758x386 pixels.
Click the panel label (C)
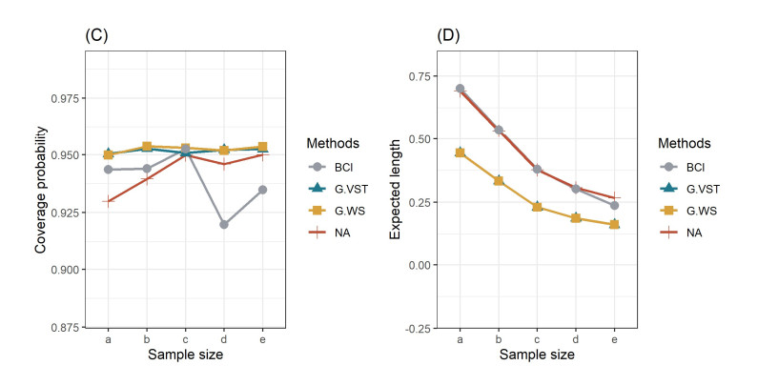[96, 36]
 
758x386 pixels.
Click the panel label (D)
[448, 36]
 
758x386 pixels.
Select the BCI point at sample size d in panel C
[224, 225]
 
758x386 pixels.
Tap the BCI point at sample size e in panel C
[262, 190]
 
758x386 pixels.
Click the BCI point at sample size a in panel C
[108, 170]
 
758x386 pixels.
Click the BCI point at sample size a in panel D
[460, 89]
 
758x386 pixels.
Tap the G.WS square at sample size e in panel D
[614, 225]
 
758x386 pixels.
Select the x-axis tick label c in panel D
[537, 339]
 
